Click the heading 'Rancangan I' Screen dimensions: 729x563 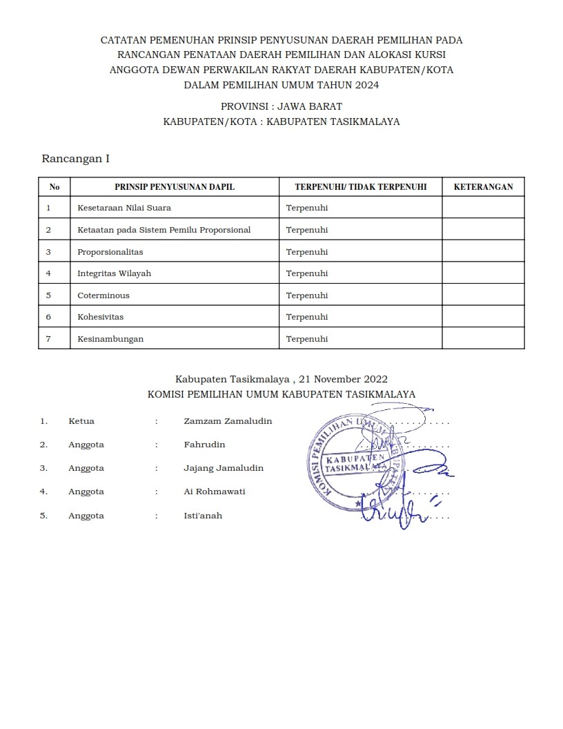76,159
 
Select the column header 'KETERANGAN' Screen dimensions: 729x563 483,187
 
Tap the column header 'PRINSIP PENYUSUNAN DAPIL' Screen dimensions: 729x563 175,187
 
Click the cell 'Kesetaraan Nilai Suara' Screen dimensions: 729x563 124,208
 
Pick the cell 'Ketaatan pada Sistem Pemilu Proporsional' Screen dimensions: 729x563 164,230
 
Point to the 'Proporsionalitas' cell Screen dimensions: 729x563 110,252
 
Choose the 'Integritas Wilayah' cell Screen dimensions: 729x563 114,273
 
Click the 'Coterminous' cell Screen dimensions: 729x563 103,295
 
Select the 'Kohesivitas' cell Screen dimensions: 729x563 101,317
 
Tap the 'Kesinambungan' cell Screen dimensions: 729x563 110,339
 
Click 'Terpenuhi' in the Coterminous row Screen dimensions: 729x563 307,295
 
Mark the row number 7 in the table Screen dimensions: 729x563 48,339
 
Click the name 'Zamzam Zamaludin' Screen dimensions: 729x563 228,421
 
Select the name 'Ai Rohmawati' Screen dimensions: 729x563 215,492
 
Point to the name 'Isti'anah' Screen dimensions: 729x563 203,516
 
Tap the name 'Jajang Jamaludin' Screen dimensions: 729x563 224,468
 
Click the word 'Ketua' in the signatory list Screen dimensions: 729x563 81,421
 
